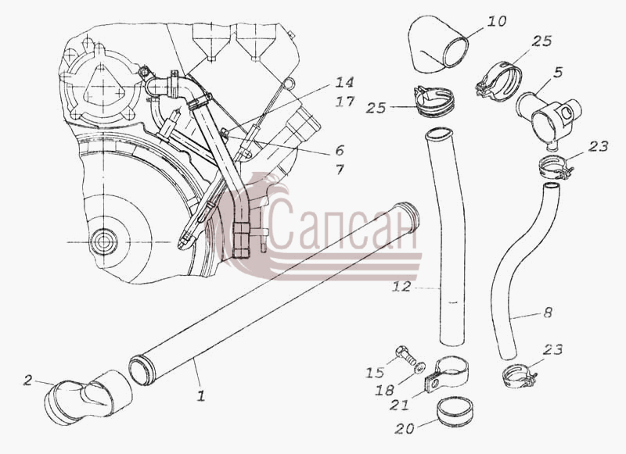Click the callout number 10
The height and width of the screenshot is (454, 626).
(496, 21)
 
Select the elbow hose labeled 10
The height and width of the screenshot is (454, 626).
(437, 45)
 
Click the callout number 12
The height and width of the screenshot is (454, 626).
(401, 286)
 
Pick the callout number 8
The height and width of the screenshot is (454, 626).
(547, 312)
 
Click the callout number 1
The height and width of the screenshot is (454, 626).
(201, 396)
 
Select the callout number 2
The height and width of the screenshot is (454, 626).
(27, 381)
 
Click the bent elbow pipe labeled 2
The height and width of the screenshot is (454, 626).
(87, 397)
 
